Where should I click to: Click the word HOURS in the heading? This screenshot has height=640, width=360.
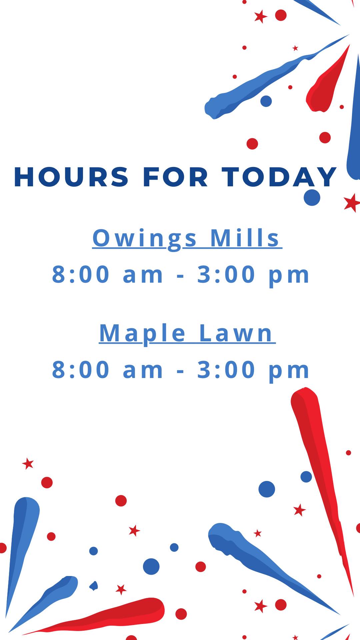pos(71,177)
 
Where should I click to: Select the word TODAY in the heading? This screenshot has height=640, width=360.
pos(279,177)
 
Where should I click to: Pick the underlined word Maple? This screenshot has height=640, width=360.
pos(142,334)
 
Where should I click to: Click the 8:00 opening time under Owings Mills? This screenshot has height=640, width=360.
pos(81,274)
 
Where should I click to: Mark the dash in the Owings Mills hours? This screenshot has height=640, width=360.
pos(180,276)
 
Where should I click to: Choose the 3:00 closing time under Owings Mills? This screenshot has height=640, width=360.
pos(226,274)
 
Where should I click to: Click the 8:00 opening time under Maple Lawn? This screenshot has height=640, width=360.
pos(81,370)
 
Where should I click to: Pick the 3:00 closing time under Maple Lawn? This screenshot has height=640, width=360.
pos(226,370)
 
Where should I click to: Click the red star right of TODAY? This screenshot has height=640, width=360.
pos(352,203)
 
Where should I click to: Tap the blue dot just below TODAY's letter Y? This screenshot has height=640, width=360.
pos(312,198)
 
